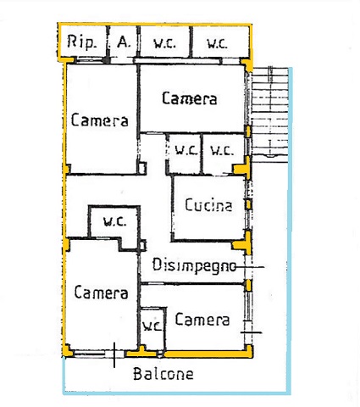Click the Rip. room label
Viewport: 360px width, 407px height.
click(81, 42)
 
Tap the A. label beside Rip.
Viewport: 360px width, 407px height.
click(124, 42)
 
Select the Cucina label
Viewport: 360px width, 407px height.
click(208, 205)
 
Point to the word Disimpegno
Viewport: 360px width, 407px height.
click(194, 265)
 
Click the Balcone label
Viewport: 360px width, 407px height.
click(163, 374)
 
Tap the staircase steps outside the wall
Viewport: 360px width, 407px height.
click(270, 114)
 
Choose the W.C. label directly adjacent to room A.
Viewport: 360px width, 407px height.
click(164, 43)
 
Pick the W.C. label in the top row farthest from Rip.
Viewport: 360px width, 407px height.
click(217, 43)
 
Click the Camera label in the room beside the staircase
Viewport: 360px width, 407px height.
click(190, 98)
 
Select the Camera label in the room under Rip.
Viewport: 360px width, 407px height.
click(100, 120)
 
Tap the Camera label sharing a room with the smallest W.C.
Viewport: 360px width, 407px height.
click(202, 320)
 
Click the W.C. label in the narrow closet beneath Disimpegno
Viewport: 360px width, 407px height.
click(152, 326)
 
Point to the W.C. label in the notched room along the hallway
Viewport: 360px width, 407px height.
click(114, 222)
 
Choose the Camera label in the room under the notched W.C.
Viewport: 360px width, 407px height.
click(101, 293)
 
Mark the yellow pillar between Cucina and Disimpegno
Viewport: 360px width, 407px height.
click(242, 243)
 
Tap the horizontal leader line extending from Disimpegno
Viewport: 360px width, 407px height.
click(250, 266)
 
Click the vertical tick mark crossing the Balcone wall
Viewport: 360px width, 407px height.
click(114, 355)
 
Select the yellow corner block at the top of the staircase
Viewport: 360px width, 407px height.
click(247, 64)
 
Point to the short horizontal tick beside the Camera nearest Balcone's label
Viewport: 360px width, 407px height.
click(252, 332)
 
